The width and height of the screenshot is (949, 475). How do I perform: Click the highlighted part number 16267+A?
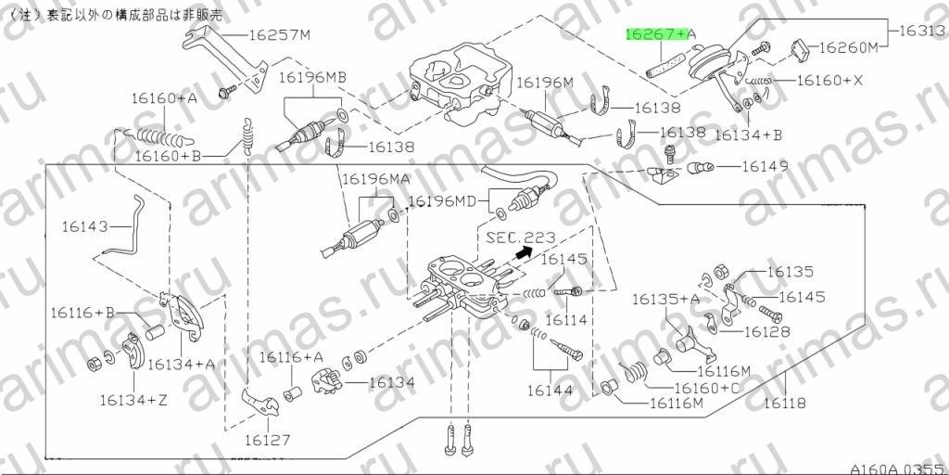(x=660, y=35)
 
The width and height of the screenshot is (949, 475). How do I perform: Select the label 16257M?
(x=279, y=35)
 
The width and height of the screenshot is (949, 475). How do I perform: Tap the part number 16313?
(x=923, y=31)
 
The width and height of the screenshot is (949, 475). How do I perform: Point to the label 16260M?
(x=848, y=48)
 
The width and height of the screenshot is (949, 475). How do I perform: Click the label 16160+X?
(x=829, y=80)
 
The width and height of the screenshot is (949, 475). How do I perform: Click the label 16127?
(x=268, y=440)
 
